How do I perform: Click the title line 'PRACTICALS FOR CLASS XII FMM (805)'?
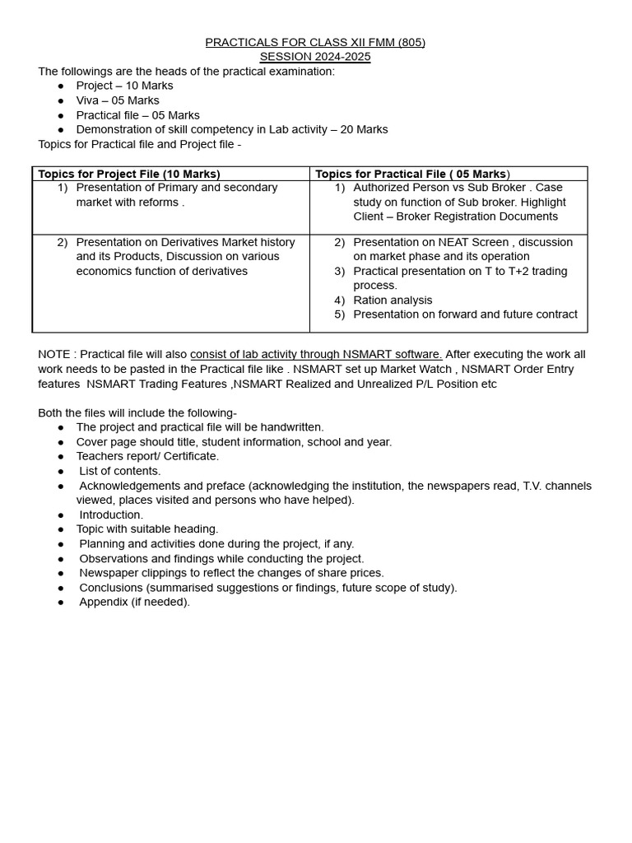click(x=315, y=42)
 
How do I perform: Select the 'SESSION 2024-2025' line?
click(x=315, y=57)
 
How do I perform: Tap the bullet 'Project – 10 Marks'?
click(x=124, y=86)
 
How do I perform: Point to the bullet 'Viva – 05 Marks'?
click(x=118, y=100)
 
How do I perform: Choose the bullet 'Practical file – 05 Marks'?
click(x=137, y=115)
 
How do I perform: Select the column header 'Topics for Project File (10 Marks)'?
click(x=129, y=174)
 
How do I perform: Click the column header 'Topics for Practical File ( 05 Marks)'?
click(x=412, y=174)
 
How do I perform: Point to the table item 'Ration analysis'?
click(x=393, y=300)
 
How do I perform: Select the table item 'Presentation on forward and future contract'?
click(x=465, y=314)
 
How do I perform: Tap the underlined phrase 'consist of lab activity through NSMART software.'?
click(x=316, y=354)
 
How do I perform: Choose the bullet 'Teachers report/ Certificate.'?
click(x=147, y=456)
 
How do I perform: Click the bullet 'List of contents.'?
click(x=120, y=471)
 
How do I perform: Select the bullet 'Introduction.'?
click(x=111, y=515)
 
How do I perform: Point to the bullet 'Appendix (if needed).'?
click(x=134, y=602)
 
